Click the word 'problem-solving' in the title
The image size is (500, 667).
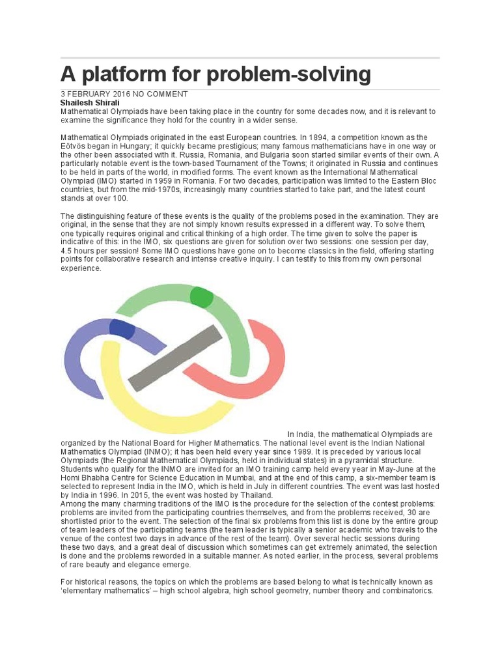tap(288, 74)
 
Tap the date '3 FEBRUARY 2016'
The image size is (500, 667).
tap(96, 94)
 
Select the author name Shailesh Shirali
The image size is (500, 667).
tap(90, 103)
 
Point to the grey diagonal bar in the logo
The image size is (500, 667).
tap(174, 358)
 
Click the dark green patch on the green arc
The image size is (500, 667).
tap(201, 297)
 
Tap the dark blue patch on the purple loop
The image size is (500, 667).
tap(122, 329)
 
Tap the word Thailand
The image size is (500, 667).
tap(255, 494)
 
